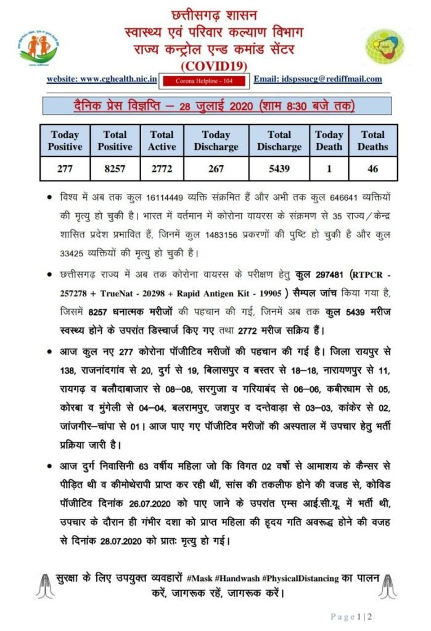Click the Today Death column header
click(x=329, y=140)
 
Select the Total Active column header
click(x=162, y=140)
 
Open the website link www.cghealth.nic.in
click(x=102, y=79)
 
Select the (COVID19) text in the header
click(x=215, y=63)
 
